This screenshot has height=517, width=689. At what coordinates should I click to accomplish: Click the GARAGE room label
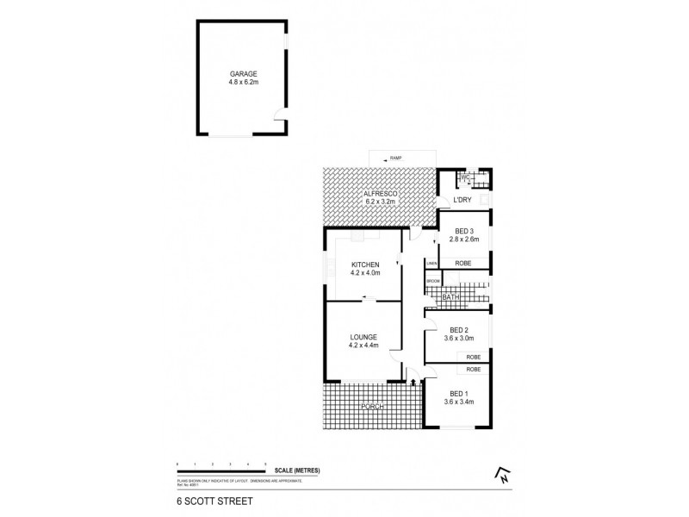242,74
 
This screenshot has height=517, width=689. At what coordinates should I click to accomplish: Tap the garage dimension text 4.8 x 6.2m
242,83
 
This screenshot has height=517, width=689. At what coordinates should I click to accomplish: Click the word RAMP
396,159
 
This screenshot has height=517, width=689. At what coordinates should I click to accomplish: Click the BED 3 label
464,231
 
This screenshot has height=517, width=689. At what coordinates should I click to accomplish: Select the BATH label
450,297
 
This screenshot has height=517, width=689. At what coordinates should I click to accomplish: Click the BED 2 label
459,328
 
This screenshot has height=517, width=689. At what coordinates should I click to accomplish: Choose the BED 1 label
459,393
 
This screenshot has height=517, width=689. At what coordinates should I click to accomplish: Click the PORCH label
373,406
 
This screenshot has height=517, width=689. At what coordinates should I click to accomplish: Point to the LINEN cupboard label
431,263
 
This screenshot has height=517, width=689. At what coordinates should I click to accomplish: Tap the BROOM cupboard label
432,281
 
